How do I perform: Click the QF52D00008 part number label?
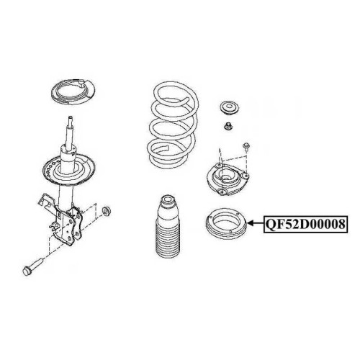(x=305, y=224)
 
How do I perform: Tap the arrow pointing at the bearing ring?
(x=256, y=223)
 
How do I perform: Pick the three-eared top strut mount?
(x=228, y=179)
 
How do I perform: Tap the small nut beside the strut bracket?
(x=106, y=211)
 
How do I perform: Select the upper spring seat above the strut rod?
(x=73, y=91)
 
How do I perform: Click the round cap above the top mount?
(x=229, y=108)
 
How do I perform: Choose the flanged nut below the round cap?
(x=227, y=126)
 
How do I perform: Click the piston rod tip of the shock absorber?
(x=71, y=118)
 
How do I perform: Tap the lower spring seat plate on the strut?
(x=69, y=170)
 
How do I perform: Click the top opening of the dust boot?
(x=167, y=199)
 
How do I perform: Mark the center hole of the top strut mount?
(x=225, y=179)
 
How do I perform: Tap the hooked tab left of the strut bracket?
(x=45, y=200)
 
